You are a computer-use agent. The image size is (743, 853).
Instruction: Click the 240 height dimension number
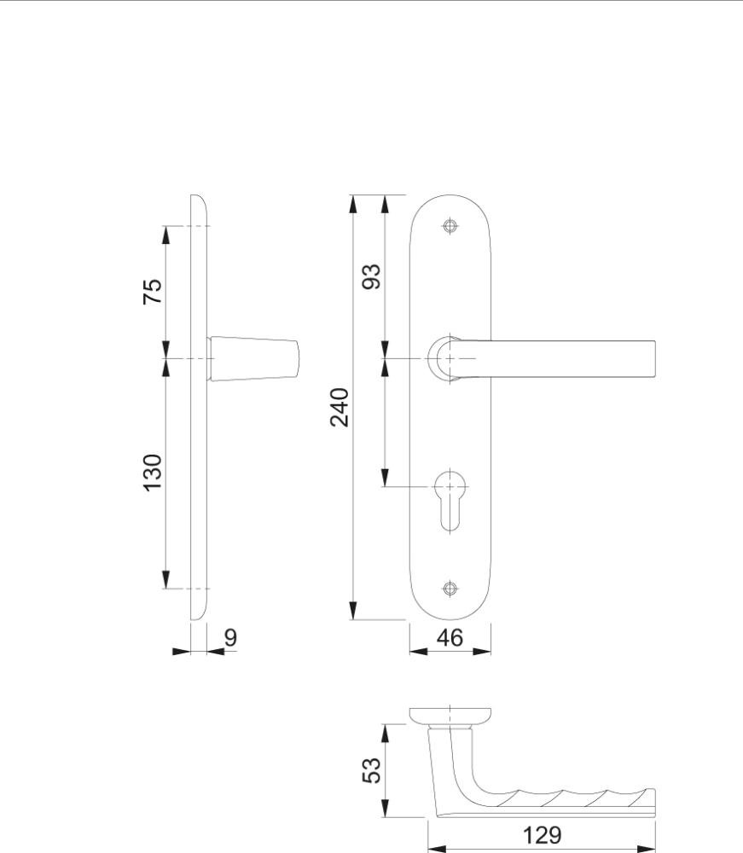tap(340, 407)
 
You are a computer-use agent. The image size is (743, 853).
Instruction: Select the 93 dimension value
tap(372, 276)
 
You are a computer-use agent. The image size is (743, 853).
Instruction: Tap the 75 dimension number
tap(153, 292)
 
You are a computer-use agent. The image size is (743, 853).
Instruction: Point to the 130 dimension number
tap(153, 473)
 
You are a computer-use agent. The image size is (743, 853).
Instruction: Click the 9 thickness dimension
tap(230, 637)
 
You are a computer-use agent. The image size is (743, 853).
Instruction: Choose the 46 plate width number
tap(450, 637)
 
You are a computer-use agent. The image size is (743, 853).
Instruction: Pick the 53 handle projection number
tap(372, 770)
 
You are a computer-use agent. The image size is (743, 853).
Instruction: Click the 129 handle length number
tap(542, 835)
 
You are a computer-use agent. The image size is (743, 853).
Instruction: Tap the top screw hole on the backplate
tap(450, 226)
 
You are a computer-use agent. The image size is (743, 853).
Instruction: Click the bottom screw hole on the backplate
tap(450, 588)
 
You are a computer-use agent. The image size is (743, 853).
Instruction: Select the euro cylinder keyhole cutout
tap(450, 499)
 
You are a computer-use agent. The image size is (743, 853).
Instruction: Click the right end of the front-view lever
tap(654, 358)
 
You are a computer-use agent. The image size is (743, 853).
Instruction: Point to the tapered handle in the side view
tap(253, 358)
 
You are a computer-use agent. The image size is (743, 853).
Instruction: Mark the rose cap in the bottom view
tap(450, 717)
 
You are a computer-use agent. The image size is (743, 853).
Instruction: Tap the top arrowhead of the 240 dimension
tap(353, 203)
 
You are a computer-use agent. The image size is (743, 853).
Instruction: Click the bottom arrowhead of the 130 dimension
tap(166, 580)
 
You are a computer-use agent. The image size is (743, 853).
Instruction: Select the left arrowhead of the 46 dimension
tap(418, 651)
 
